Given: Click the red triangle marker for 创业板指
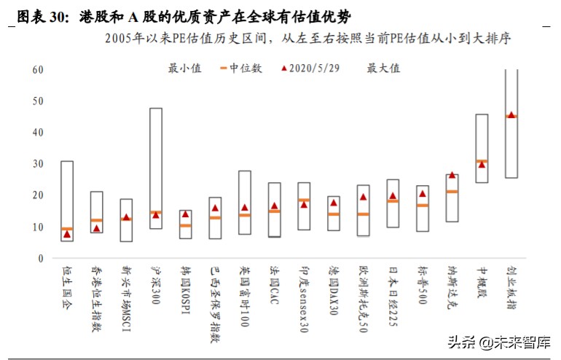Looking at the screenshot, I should point(511,115).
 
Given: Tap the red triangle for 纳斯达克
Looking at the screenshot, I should point(452,175).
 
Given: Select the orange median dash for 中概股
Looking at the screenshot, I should point(482,161).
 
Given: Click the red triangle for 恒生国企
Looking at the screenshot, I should point(67,234).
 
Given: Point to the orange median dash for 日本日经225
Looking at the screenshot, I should point(393,201).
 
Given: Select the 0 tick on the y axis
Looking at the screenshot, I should point(41,259).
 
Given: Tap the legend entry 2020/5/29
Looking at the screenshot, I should point(309,69).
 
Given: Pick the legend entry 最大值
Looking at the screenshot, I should point(383,69).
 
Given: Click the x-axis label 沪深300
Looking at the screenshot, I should point(156,285).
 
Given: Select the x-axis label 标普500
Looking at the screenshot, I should point(423,285).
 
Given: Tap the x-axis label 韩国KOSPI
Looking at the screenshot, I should point(186,291).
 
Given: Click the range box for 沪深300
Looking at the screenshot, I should point(156,168).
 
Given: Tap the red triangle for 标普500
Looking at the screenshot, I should point(423,194).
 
